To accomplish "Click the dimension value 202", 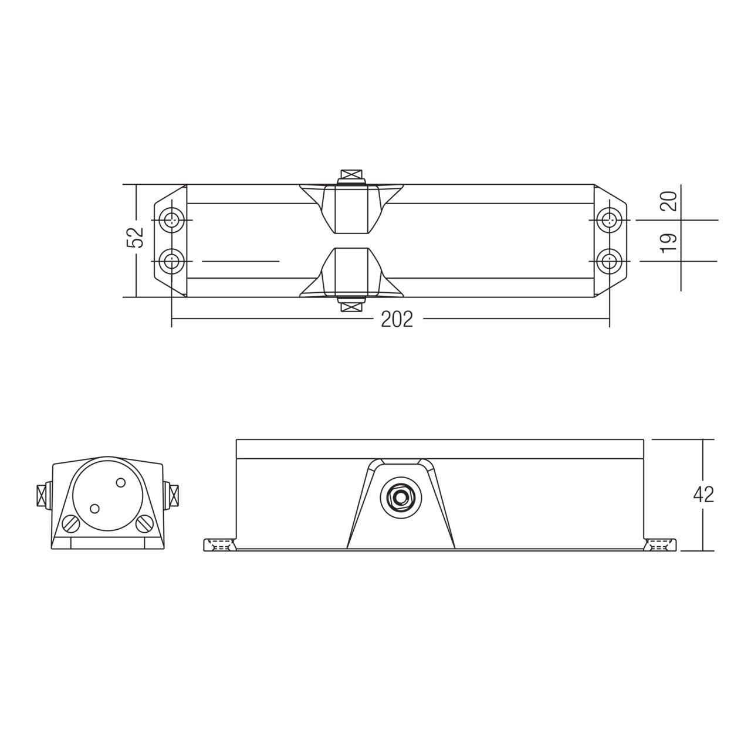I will coord(397,319).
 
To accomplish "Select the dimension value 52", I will coord(136,237).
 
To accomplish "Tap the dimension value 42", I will coord(703,495).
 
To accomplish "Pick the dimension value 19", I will coord(669,241).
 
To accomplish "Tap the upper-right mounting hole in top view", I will coord(610,220).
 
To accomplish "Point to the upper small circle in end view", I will coord(120,482).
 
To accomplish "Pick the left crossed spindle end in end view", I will coord(42,494).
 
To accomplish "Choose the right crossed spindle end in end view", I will coord(174,494).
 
